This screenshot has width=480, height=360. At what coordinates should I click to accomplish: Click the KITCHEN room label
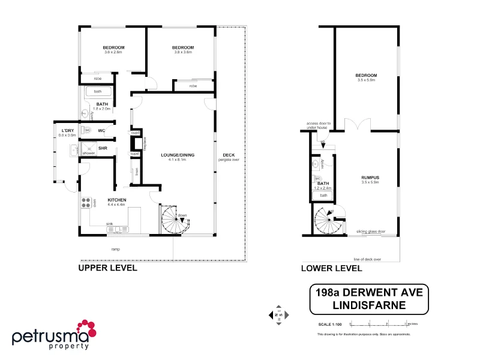[116, 200]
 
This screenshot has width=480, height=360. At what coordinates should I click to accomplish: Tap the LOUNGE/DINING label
[177, 155]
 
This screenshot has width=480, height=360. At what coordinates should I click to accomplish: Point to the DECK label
[228, 155]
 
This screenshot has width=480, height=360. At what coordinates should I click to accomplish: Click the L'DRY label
[67, 130]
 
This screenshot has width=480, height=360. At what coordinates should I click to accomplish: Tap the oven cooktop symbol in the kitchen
[86, 203]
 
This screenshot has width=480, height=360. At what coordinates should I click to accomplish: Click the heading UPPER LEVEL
[108, 268]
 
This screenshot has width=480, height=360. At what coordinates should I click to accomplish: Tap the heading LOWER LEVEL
[331, 268]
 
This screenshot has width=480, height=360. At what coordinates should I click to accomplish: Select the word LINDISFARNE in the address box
[369, 305]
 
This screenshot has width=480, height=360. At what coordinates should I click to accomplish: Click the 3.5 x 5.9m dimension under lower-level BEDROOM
[365, 80]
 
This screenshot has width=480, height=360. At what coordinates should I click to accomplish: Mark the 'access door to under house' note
[319, 124]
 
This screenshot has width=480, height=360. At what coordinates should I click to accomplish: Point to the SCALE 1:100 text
[330, 325]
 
